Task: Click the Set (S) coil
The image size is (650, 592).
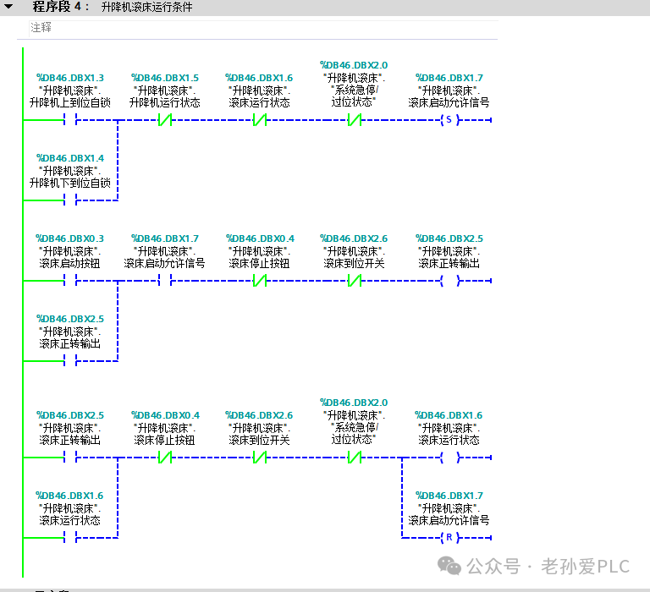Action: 449,120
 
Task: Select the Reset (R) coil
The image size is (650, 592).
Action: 449,538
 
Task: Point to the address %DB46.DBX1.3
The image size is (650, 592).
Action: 70,78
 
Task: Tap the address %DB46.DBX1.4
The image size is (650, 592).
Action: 70,158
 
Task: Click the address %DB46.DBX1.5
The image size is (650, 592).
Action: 165,78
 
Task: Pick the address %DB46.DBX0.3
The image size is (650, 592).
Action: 70,238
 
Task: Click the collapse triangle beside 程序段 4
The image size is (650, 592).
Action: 8,7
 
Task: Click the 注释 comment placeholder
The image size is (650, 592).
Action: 41,27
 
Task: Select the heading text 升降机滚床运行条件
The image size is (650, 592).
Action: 147,7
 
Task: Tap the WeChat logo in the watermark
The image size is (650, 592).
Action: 449,566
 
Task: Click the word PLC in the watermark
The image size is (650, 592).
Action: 614,567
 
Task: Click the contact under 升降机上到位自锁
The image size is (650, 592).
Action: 70,120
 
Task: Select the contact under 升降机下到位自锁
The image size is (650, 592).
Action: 70,200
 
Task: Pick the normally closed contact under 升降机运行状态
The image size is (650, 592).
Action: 165,120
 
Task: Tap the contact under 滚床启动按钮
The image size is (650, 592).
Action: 70,281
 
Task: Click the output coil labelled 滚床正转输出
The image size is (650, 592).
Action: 449,281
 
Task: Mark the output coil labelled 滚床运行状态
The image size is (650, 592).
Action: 449,458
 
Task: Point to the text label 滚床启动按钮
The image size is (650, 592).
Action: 69,264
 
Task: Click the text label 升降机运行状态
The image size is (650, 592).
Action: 165,102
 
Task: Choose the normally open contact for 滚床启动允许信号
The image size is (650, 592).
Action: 165,281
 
